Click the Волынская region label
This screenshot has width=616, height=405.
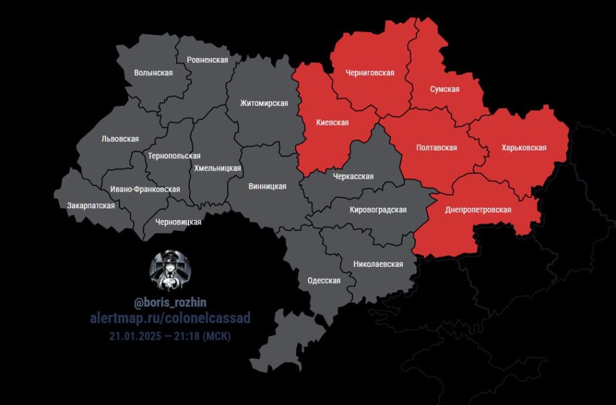pos(153,73)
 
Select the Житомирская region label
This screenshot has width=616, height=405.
pos(264,103)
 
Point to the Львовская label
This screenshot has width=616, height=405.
pos(120,139)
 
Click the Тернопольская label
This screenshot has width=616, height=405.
pos(174,156)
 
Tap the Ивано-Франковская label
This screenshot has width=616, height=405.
pos(145,189)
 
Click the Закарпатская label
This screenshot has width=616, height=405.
pos(91,205)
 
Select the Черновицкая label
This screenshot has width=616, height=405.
pos(179,222)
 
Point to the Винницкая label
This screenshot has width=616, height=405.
pos(267,186)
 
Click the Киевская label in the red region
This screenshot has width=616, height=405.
pos(333,123)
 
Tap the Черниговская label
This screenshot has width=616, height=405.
pos(370,73)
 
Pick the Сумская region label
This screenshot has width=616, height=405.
pos(445,89)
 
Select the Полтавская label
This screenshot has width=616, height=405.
pos(437,148)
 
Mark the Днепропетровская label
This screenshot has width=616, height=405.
pos(479,210)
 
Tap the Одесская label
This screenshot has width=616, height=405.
pos(324,280)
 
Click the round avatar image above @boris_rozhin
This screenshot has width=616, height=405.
pos(170,271)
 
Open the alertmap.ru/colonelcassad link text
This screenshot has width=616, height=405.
pos(170,317)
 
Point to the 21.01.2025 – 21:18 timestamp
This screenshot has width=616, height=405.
pos(170,337)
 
